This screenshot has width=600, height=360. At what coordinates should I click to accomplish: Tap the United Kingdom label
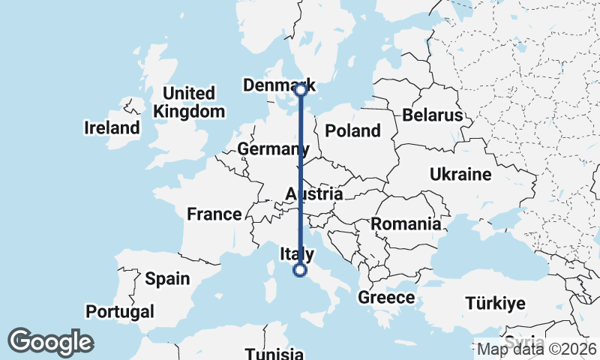point(189,103)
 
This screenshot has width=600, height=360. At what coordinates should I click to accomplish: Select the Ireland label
point(112,127)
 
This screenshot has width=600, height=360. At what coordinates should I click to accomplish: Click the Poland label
point(352,130)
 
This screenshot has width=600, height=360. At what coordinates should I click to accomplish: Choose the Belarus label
point(433,115)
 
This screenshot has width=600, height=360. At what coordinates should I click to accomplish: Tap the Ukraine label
point(460,175)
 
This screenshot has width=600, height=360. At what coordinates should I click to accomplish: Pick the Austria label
point(314,194)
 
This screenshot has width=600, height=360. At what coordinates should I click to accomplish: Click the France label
point(214,214)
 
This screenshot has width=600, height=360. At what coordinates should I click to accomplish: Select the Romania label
point(405,223)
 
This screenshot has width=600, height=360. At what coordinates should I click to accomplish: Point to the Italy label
point(296,254)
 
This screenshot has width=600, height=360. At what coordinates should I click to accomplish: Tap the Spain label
point(167,278)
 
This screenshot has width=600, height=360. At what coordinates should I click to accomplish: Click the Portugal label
point(120,311)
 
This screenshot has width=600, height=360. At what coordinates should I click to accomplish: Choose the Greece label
point(386,298)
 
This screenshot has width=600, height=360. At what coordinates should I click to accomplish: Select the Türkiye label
point(495,304)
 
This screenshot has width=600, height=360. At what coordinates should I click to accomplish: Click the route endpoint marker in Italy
point(300,270)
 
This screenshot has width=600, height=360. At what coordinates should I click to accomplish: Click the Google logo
point(50,342)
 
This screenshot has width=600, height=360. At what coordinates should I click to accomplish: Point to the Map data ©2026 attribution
point(537,349)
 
